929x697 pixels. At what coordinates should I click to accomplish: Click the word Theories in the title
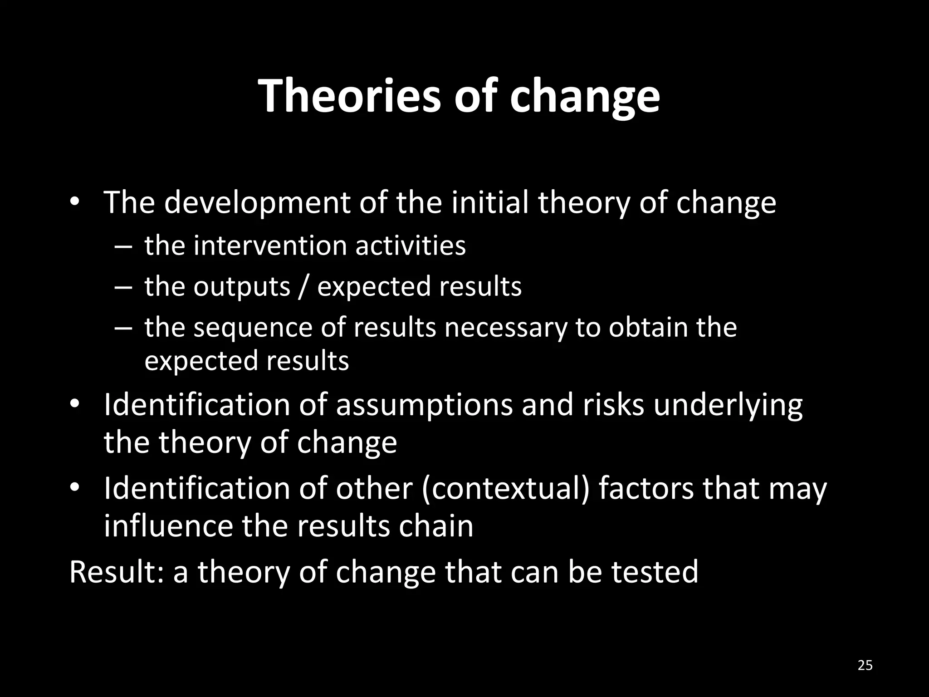tap(350, 96)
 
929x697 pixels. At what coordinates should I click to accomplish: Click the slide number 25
tap(865, 666)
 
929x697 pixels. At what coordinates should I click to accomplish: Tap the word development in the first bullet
tap(257, 202)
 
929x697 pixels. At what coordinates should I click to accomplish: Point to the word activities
tap(410, 246)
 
